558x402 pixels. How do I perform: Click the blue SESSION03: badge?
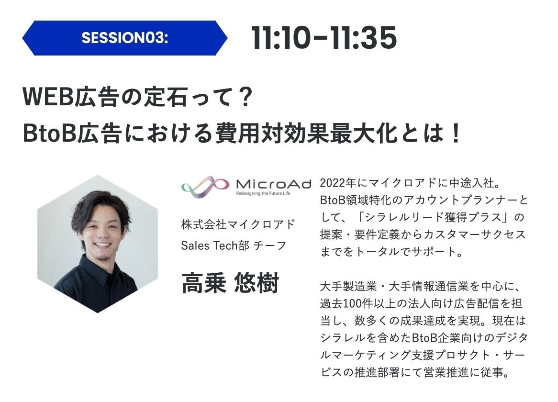coord(124,38)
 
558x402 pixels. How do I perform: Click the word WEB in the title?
coord(48,96)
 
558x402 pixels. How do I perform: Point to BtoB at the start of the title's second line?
coord(49,134)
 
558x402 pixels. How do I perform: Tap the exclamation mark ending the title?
coord(455,134)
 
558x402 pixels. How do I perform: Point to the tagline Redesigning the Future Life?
coord(263,193)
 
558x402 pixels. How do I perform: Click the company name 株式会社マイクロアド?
coord(238,224)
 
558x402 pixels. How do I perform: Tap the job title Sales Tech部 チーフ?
coord(234,246)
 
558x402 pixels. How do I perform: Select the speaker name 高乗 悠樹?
coord(230,283)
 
